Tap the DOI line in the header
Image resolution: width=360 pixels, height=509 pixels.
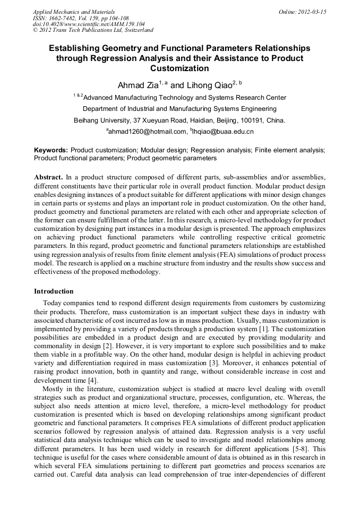[89, 24]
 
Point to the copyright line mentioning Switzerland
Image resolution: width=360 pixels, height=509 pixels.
[93, 30]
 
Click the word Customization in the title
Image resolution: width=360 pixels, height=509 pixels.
[179, 68]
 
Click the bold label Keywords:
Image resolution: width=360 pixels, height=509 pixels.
[51, 151]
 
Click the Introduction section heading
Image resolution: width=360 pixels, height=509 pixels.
[54, 291]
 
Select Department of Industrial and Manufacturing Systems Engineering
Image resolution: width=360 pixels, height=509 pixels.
[179, 109]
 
